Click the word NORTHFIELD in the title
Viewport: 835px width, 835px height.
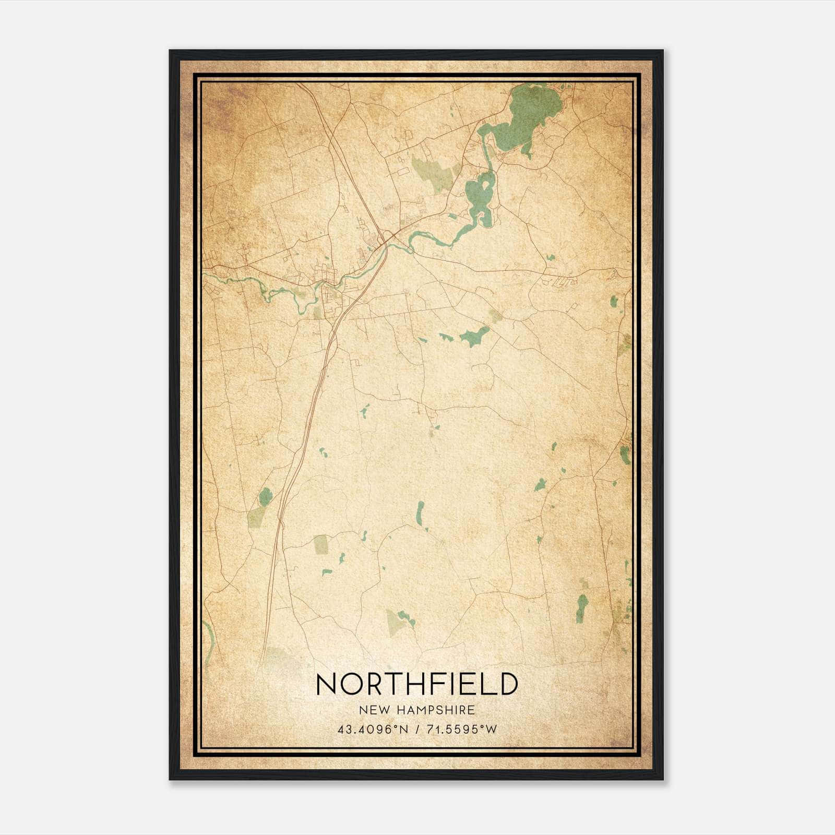[416, 684]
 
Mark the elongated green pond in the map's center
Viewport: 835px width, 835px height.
[474, 336]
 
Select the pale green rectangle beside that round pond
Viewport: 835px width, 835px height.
[256, 516]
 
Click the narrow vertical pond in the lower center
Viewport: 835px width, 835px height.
[420, 514]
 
